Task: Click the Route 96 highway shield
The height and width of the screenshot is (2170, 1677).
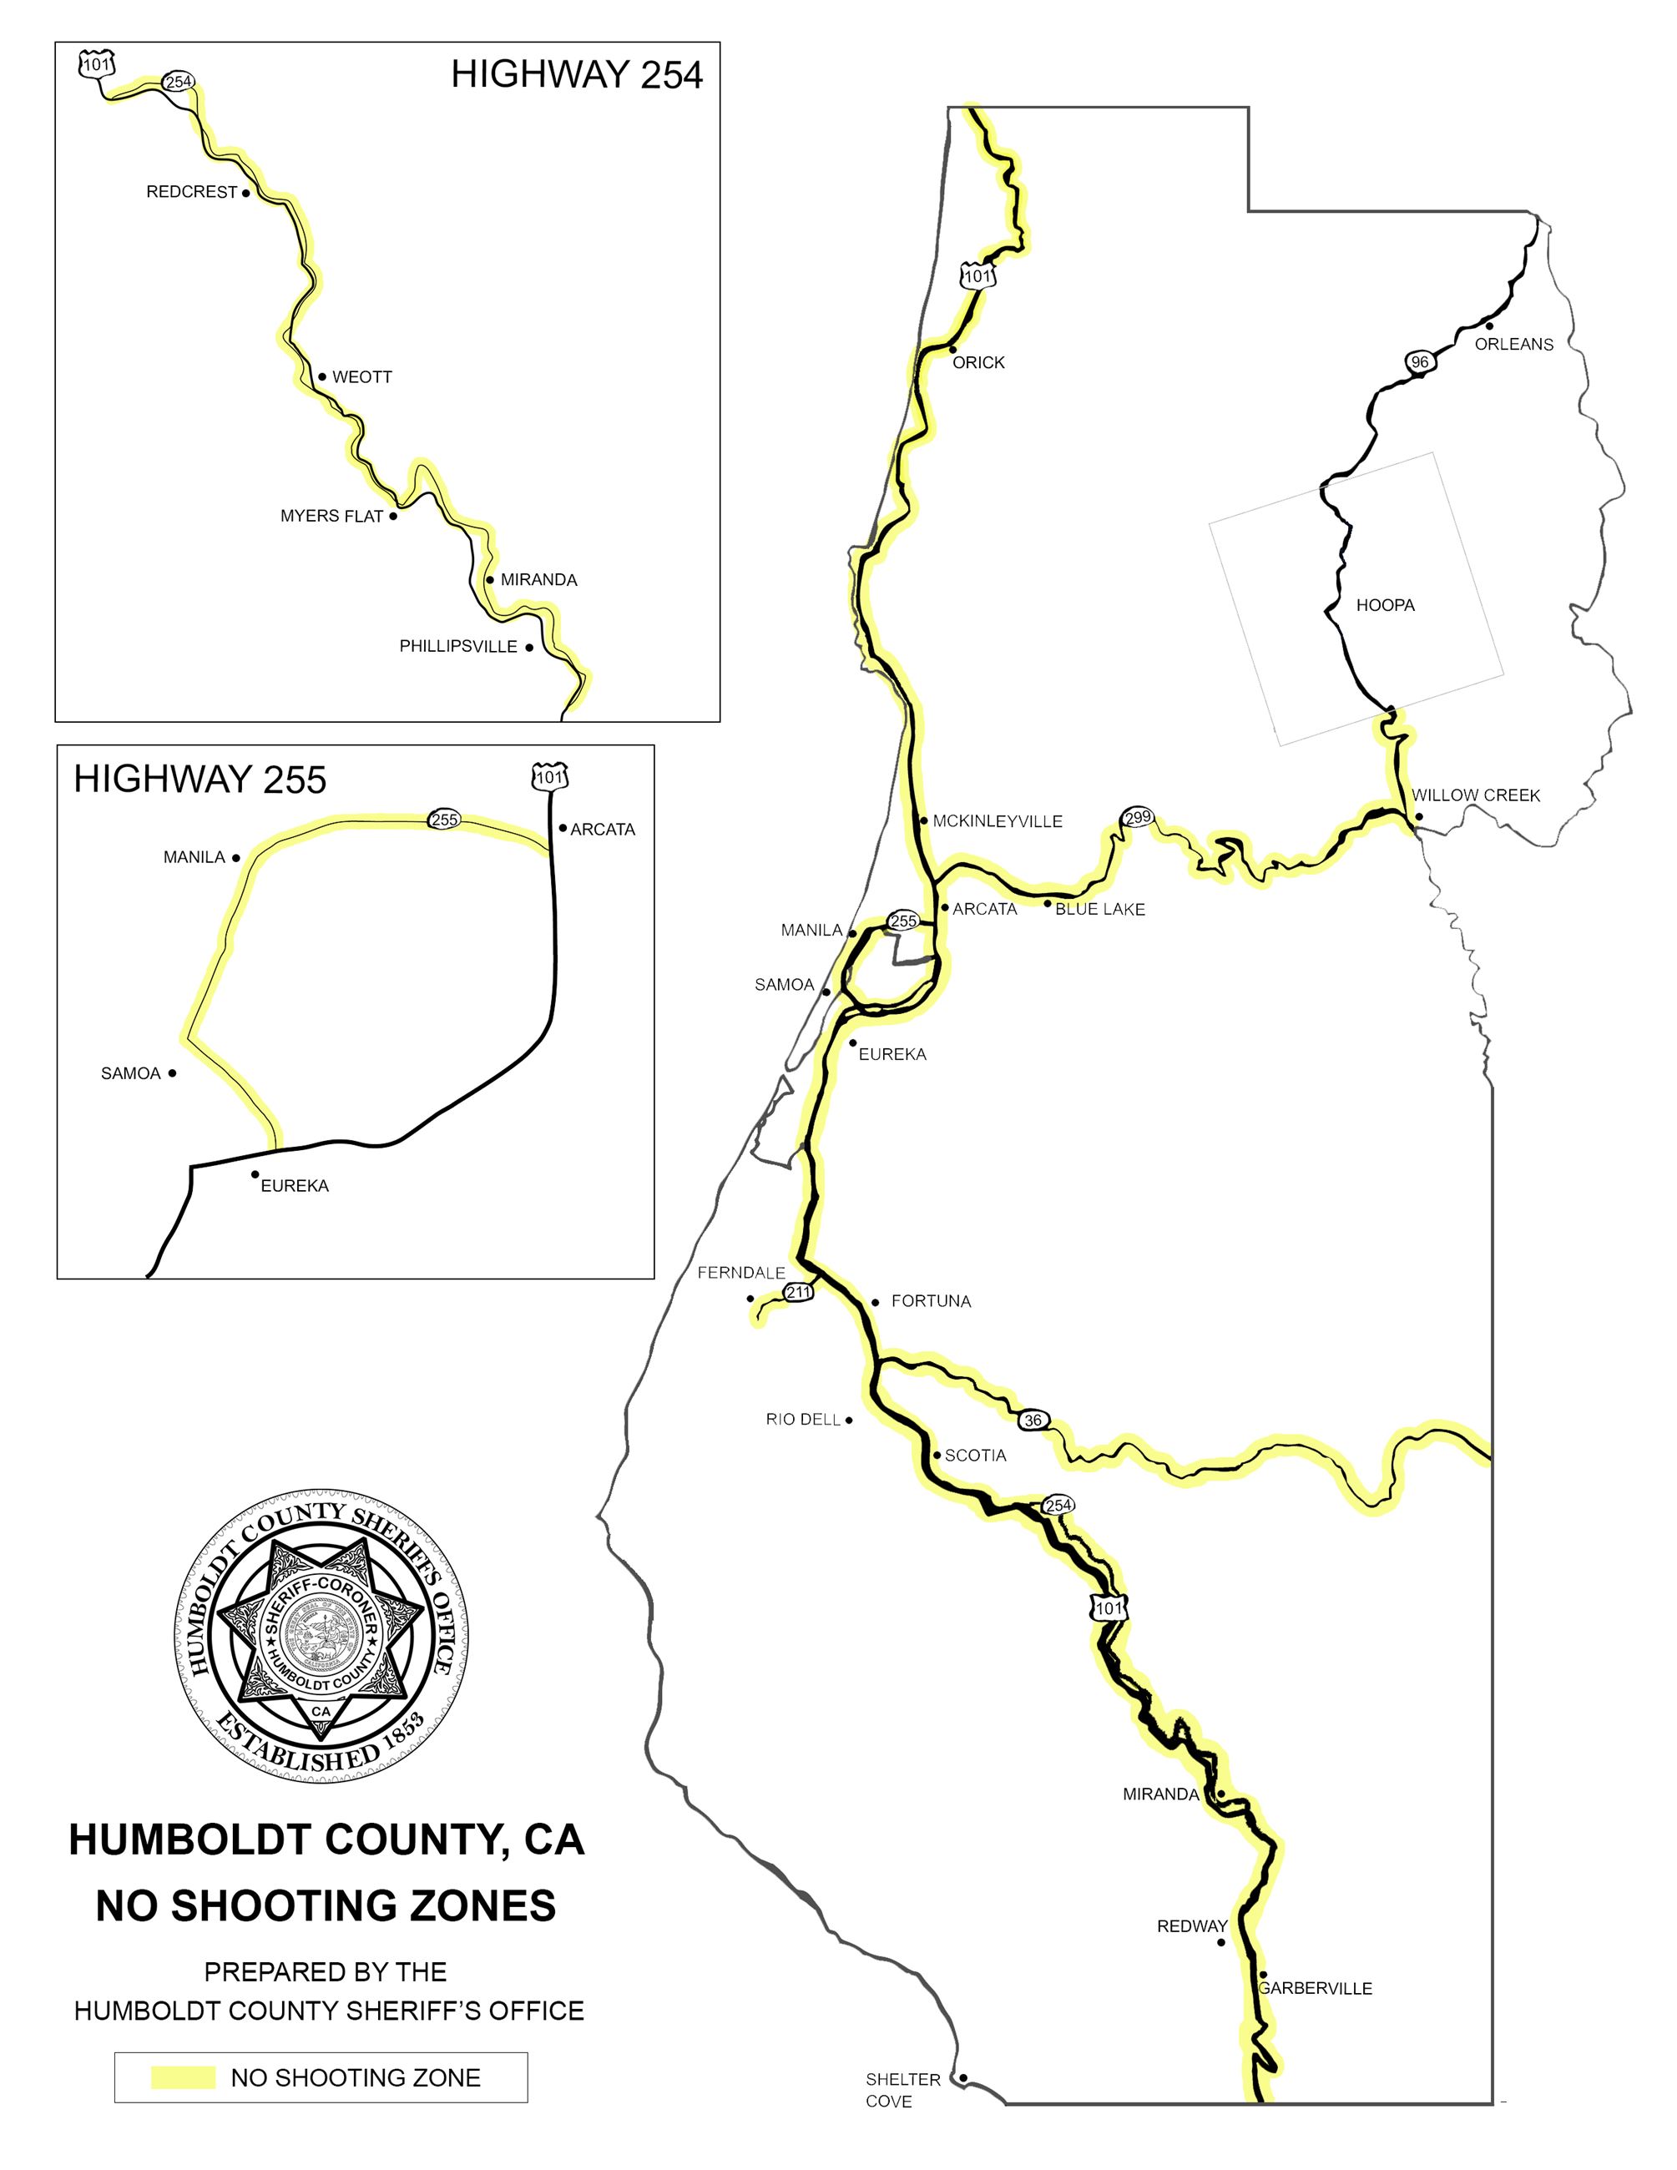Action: (x=1420, y=361)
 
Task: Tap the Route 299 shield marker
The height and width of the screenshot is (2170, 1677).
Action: (x=1138, y=818)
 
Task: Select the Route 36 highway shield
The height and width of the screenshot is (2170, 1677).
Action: (x=1033, y=1420)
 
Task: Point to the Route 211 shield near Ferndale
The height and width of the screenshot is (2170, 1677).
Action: (x=799, y=1292)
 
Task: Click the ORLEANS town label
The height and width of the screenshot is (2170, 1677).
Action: (x=1513, y=344)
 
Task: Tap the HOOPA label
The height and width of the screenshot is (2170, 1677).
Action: (x=1385, y=605)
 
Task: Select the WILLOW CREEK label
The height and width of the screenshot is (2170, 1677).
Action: (x=1475, y=795)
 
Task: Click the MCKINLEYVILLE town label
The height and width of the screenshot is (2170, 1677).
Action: (x=998, y=820)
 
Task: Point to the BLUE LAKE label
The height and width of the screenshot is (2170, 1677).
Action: (x=1100, y=909)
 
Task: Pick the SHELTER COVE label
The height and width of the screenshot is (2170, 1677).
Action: (x=902, y=2090)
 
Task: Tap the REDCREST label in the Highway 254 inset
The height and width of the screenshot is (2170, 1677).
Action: (x=192, y=192)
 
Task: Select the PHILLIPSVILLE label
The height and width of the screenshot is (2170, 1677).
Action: (x=458, y=647)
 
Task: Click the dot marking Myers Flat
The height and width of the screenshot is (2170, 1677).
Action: (x=393, y=516)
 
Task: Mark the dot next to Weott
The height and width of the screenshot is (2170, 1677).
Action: (x=322, y=376)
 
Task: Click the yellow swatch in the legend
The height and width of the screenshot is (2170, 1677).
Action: (x=183, y=2077)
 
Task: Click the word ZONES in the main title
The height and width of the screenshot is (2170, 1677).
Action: (x=473, y=1907)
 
